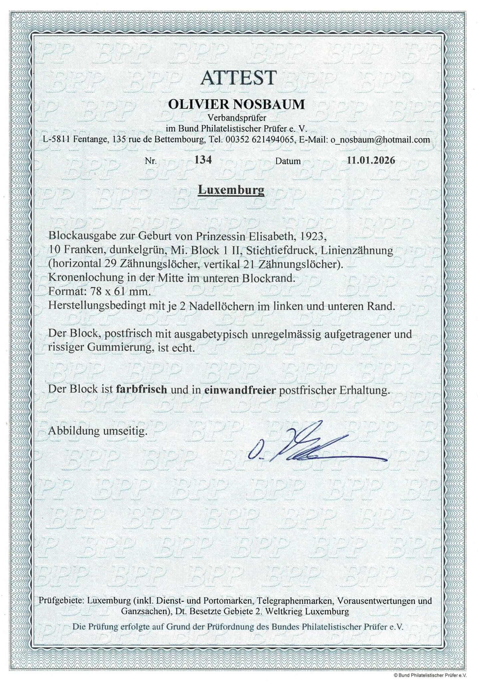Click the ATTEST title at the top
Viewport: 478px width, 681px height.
238,78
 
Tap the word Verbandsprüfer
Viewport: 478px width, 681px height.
237,117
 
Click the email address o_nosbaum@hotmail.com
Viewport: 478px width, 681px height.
380,140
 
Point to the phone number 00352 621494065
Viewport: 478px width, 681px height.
260,140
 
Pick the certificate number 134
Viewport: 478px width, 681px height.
203,160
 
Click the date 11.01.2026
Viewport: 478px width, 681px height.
371,161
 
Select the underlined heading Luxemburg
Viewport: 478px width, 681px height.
231,190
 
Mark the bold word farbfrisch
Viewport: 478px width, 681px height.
142,390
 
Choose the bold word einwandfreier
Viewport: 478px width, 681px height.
240,390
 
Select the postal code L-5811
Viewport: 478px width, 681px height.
56,140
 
